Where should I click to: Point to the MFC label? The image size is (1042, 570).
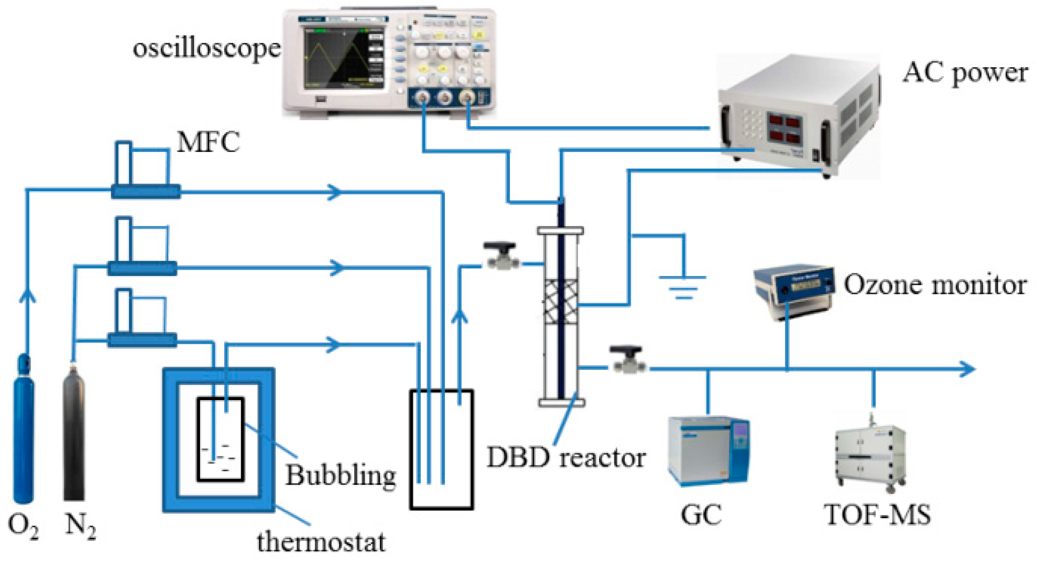(208, 142)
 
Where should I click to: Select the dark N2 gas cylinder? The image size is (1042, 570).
(74, 433)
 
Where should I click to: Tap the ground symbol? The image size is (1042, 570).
(683, 285)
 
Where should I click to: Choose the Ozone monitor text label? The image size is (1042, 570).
(934, 285)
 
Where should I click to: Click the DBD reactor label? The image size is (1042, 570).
(565, 458)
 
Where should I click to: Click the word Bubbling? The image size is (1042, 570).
(341, 476)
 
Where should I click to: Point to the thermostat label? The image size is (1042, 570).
(321, 542)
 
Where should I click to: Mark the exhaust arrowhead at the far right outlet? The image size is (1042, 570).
(969, 369)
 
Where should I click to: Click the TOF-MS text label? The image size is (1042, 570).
(877, 515)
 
